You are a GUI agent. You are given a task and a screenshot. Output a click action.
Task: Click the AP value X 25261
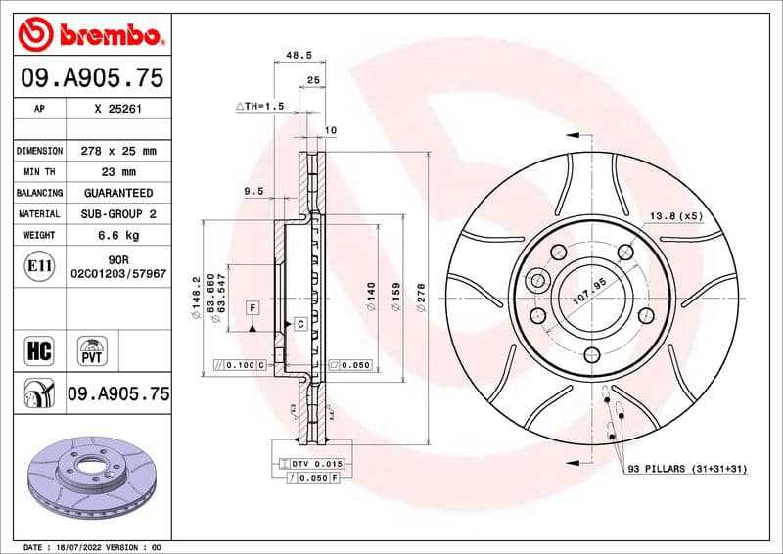click(117, 109)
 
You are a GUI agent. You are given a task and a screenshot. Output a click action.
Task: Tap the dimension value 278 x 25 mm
click(117, 151)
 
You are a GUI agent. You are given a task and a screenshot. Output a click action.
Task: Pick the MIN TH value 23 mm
click(117, 172)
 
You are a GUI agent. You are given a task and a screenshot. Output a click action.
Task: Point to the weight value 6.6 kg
click(117, 235)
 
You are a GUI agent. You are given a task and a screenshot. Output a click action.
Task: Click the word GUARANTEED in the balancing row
click(117, 193)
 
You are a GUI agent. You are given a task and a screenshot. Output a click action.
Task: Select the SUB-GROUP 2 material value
click(117, 213)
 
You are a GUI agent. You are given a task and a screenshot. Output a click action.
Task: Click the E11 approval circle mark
click(37, 265)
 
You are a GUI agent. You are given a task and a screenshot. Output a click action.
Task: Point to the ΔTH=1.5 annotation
click(259, 105)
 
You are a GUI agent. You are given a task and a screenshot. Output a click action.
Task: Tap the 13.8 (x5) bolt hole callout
click(676, 215)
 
